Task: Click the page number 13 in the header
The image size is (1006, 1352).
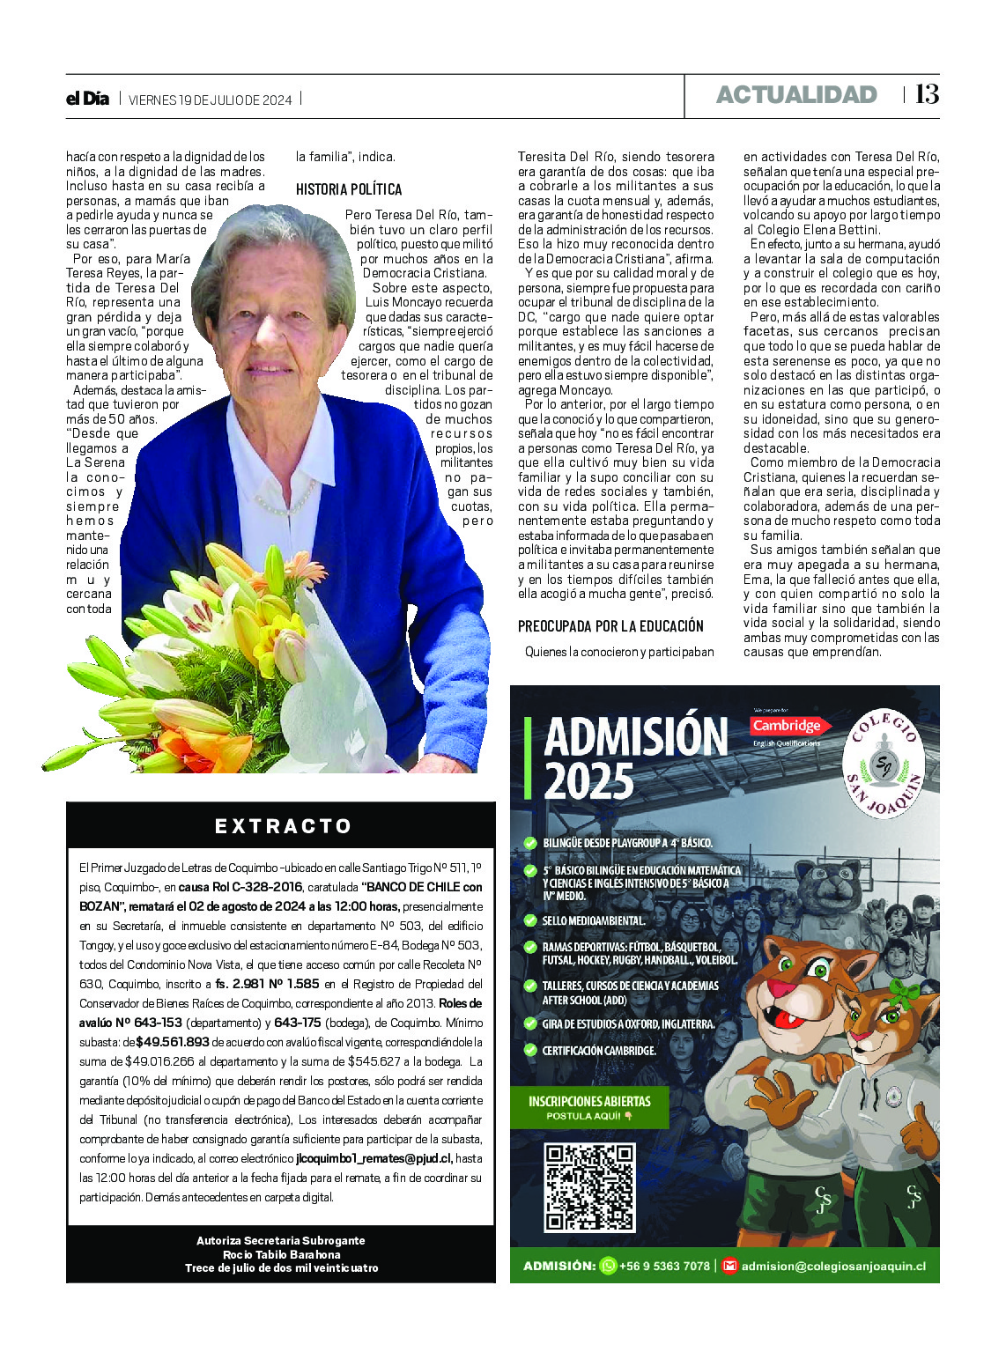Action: pyautogui.click(x=927, y=94)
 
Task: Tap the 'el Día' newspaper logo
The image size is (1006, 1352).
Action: pyautogui.click(x=87, y=99)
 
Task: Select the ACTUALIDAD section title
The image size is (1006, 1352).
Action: pyautogui.click(x=796, y=95)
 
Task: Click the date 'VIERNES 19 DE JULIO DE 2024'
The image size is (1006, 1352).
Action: pyautogui.click(x=210, y=100)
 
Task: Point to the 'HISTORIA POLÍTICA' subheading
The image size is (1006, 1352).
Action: pyautogui.click(x=349, y=189)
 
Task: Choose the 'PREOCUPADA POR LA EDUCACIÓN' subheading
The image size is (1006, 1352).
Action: pyautogui.click(x=610, y=626)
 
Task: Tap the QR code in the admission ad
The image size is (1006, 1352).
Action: pyautogui.click(x=589, y=1186)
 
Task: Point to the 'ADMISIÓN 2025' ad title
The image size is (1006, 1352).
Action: pyautogui.click(x=636, y=757)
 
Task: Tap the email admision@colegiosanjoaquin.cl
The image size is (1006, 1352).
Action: pyautogui.click(x=833, y=1266)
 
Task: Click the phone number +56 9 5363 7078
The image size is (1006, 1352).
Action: pyautogui.click(x=664, y=1266)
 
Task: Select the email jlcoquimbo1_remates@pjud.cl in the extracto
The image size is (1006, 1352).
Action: pyautogui.click(x=374, y=1158)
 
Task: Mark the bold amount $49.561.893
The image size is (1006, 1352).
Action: pyautogui.click(x=173, y=1042)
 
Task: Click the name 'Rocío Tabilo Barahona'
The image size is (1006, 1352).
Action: pyautogui.click(x=281, y=1254)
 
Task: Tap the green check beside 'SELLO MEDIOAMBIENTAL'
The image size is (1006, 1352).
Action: pyautogui.click(x=530, y=920)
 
